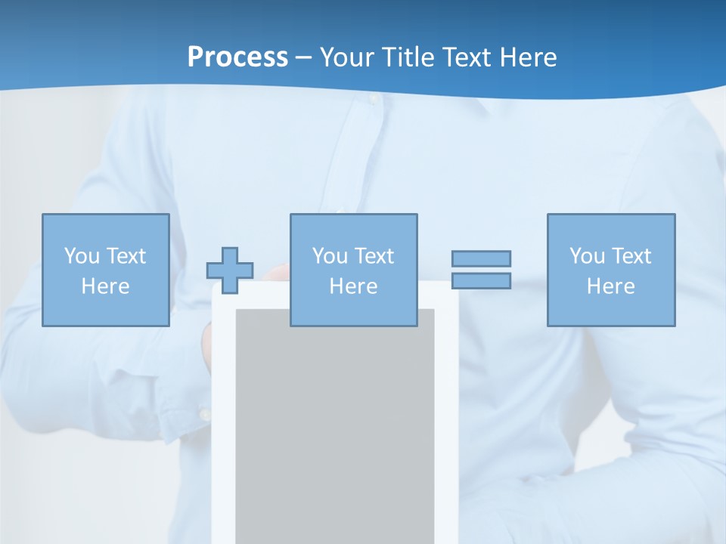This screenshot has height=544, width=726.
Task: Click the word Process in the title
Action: (237, 57)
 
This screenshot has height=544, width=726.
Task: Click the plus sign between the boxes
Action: (230, 270)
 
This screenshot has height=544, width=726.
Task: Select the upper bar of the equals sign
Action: (481, 258)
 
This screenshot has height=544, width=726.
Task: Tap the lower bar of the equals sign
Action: (481, 280)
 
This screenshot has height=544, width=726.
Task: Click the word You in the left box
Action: (82, 256)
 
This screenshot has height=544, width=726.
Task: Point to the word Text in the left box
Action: (126, 256)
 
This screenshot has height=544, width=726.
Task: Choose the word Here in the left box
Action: (105, 286)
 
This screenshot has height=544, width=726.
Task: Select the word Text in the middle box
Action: (374, 256)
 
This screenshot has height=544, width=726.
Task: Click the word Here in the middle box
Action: (353, 286)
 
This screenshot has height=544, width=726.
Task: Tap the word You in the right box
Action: (587, 256)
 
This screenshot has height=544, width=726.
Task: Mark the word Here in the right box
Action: (610, 286)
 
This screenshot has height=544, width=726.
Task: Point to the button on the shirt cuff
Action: (204, 413)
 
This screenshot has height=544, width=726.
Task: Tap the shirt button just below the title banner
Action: (372, 99)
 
